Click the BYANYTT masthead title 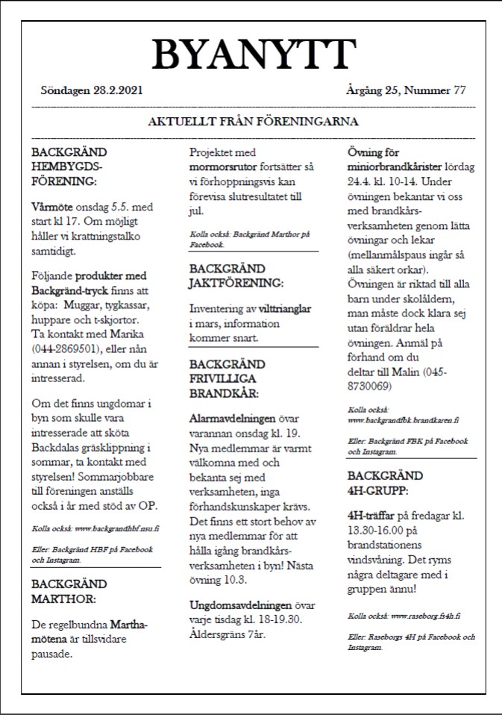click(x=254, y=54)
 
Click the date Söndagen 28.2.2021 click(x=92, y=90)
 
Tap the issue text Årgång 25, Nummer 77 click(x=407, y=90)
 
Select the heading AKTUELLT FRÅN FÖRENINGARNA click(x=254, y=122)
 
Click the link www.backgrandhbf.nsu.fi click(x=117, y=528)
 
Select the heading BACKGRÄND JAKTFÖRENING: click(x=236, y=275)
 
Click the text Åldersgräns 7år click(x=227, y=634)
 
